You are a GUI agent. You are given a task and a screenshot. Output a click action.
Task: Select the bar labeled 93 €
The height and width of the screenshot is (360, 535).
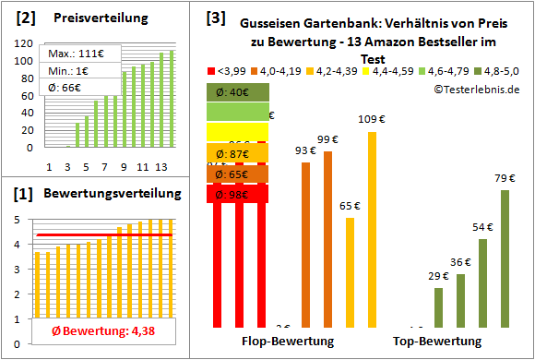305,244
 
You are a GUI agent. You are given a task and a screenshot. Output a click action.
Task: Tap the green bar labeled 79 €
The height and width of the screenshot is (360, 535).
505,258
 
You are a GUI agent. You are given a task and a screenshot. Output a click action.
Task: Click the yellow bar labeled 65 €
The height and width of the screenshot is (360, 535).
350,271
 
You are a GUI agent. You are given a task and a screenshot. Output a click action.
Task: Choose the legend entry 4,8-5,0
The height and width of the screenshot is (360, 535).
494,70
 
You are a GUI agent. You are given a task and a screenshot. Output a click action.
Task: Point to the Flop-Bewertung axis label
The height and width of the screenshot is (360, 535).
287,342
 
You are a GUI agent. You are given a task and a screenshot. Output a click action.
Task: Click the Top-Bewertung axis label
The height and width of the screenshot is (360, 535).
437,342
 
